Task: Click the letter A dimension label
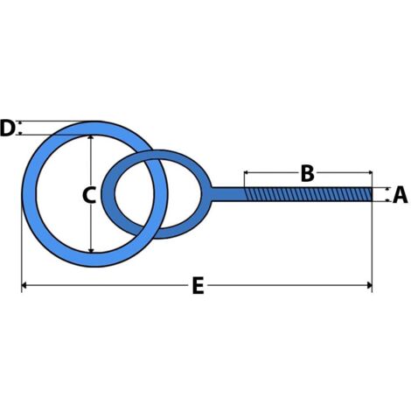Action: [x=400, y=195]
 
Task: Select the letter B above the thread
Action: [x=308, y=173]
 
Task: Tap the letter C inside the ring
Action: [x=89, y=195]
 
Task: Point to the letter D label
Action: [x=7, y=128]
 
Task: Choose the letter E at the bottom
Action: [x=199, y=286]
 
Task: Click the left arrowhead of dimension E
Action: [x=24, y=285]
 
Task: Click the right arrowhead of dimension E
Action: [x=369, y=285]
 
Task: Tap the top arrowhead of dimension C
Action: [x=91, y=138]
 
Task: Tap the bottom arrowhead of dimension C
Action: [x=91, y=250]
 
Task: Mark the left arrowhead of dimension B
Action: [x=247, y=172]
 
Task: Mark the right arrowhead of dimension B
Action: [x=369, y=172]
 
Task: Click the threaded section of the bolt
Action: [x=308, y=194]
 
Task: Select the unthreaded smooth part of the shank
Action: [x=228, y=194]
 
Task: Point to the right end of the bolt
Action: [x=372, y=194]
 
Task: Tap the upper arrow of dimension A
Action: [x=387, y=189]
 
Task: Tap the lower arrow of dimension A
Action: [x=387, y=200]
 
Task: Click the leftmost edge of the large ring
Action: [x=22, y=194]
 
